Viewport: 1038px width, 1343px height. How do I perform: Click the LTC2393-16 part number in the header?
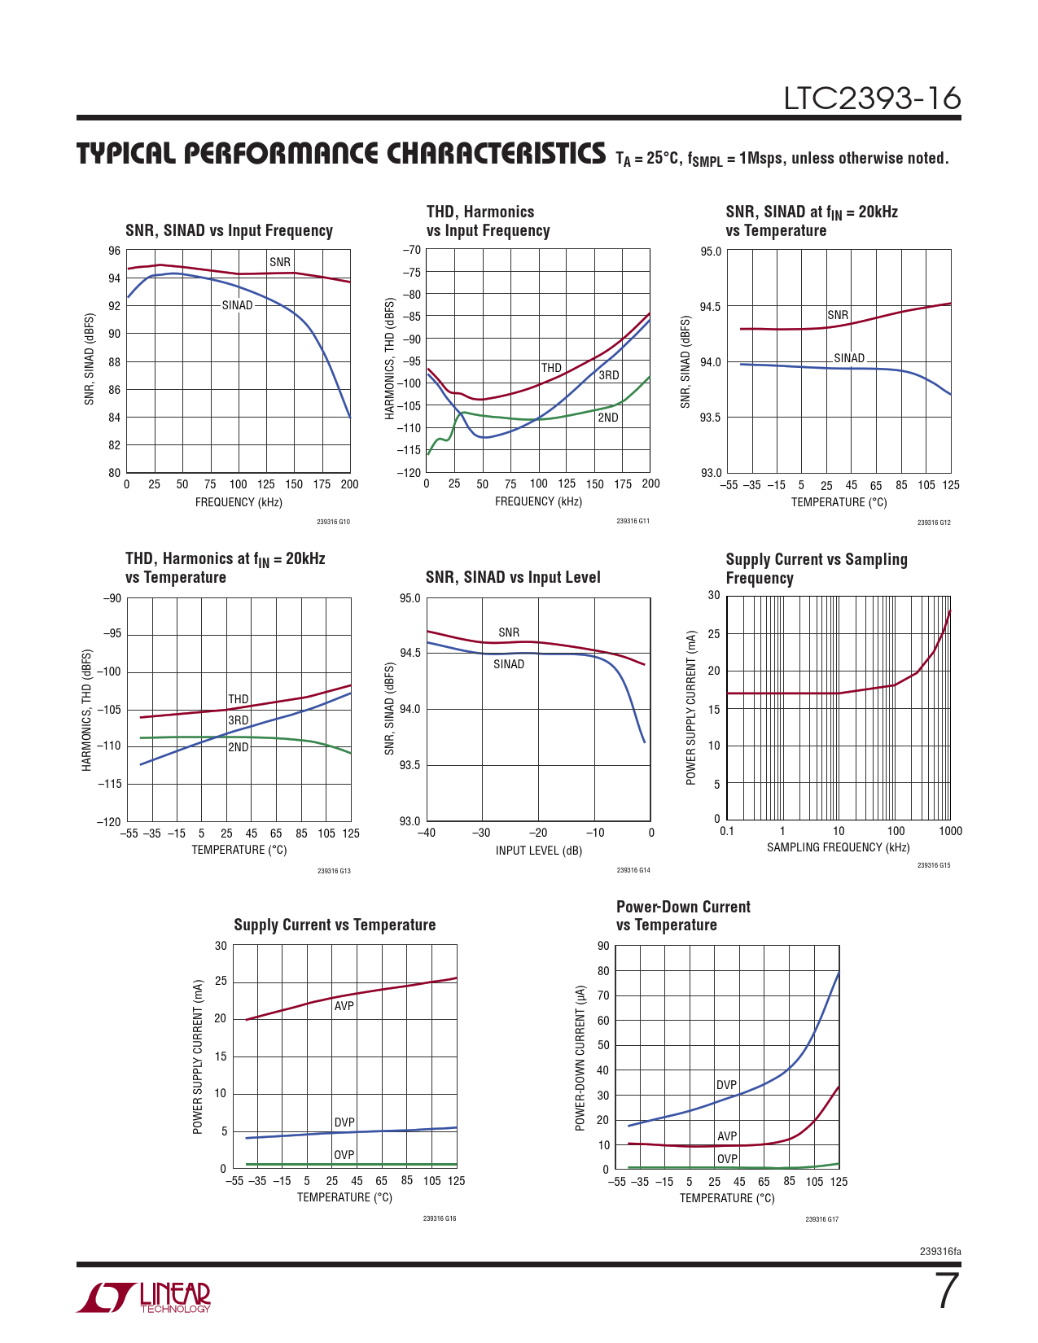[872, 98]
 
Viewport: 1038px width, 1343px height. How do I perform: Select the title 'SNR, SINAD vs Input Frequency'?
[229, 230]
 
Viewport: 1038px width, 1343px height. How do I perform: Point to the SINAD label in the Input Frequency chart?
[237, 305]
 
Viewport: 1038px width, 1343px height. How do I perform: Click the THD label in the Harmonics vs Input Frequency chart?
[551, 368]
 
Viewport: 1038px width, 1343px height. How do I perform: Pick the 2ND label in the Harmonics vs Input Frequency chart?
[608, 418]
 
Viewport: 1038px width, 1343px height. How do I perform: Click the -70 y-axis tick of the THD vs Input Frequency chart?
[412, 251]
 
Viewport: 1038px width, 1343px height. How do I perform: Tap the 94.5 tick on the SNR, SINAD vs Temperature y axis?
[711, 307]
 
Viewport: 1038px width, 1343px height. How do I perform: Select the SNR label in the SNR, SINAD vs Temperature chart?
[838, 315]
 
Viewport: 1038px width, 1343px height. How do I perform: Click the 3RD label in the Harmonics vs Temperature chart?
[238, 720]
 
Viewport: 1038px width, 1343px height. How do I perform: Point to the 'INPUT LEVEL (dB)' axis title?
[538, 851]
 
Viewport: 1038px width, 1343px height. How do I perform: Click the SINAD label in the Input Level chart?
[509, 664]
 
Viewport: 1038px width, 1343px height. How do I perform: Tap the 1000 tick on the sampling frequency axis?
[950, 831]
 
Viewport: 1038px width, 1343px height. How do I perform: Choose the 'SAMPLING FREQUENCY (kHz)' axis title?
[838, 847]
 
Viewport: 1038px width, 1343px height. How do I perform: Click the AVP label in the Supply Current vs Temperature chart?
[344, 1006]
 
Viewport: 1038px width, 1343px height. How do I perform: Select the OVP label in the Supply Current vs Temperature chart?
[344, 1155]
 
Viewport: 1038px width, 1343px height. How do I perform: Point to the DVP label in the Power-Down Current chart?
[726, 1085]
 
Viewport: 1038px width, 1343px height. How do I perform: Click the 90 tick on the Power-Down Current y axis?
[603, 946]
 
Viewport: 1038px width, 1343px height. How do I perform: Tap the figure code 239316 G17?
[821, 1219]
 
